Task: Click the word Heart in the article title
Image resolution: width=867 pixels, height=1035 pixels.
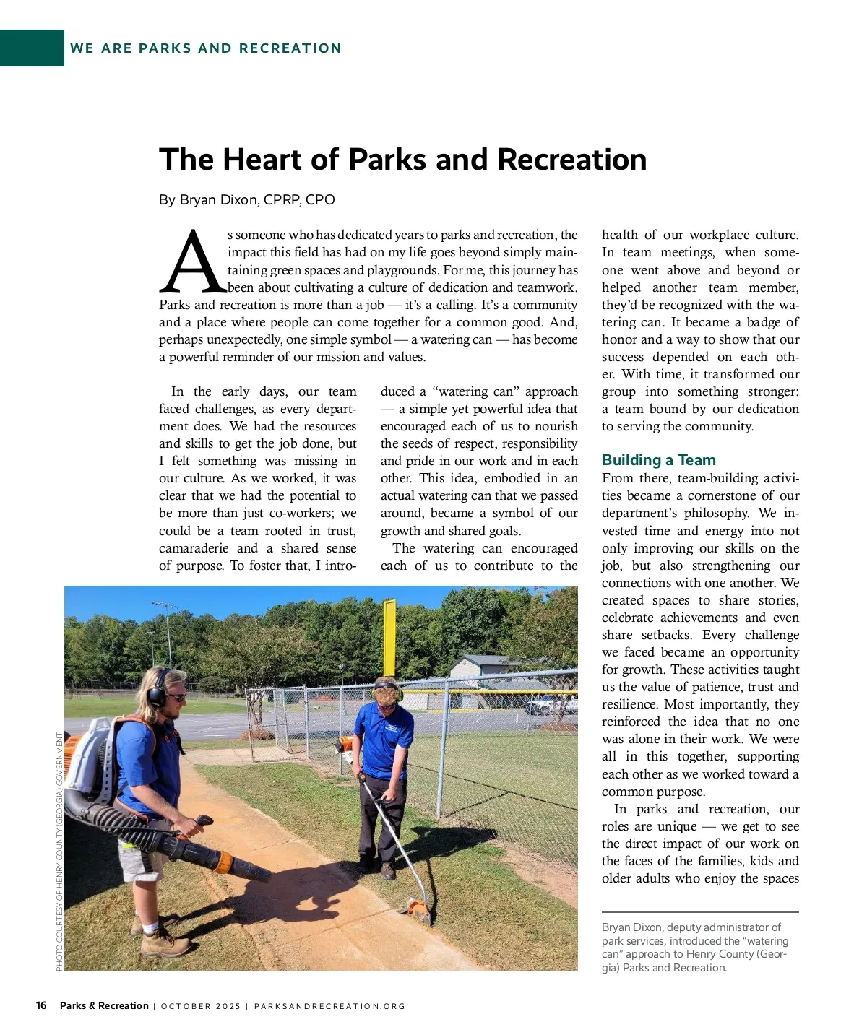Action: [261, 160]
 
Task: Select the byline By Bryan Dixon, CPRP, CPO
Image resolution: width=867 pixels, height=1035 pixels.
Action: [247, 200]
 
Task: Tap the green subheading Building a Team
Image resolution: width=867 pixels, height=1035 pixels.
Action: [658, 460]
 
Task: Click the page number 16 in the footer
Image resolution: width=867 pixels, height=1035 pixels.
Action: [41, 1005]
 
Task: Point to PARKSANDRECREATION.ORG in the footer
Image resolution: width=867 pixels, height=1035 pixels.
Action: [329, 1006]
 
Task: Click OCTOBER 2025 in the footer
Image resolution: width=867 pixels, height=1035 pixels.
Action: [200, 1006]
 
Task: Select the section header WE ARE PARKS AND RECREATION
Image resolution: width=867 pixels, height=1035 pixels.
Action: [206, 48]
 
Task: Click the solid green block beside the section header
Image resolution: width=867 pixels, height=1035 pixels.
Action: [32, 48]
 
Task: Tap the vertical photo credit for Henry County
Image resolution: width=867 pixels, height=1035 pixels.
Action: [59, 852]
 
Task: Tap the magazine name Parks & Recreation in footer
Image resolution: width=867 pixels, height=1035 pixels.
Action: [104, 1006]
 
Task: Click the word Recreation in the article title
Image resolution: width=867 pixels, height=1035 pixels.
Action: [571, 160]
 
